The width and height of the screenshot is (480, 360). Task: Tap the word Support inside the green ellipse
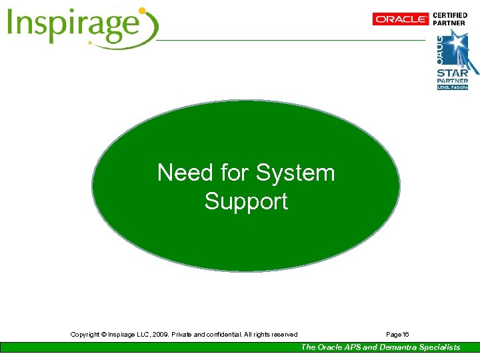(x=246, y=201)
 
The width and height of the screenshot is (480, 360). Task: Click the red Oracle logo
(x=401, y=19)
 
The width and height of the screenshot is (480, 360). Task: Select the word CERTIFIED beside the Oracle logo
(x=450, y=15)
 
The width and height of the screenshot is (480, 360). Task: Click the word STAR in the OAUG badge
(x=452, y=73)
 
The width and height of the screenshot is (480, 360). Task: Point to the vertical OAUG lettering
(x=441, y=47)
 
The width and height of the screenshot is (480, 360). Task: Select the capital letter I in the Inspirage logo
(x=12, y=26)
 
